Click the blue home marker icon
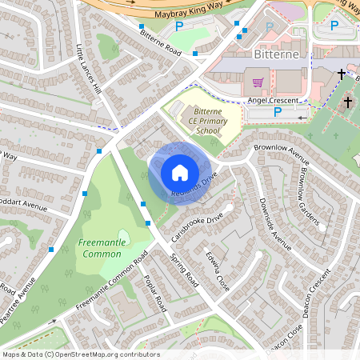point(179,173)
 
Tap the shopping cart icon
point(258,82)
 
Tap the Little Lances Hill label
point(89,68)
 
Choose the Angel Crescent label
point(273,100)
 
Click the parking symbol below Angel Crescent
point(277,113)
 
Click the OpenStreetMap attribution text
point(80,354)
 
